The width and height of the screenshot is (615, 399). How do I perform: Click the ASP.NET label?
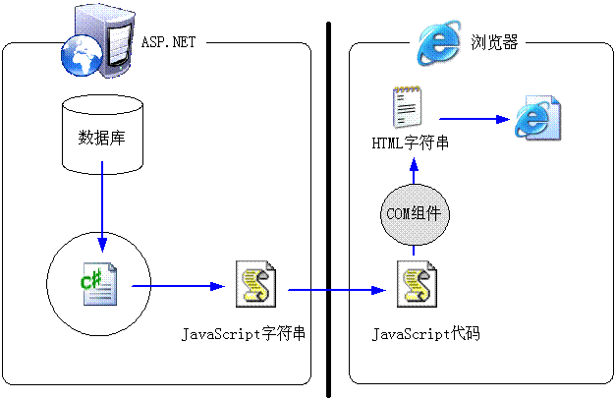(168, 42)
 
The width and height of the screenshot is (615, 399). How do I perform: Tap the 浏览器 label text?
(494, 42)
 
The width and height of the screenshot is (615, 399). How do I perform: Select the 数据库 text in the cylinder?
(101, 138)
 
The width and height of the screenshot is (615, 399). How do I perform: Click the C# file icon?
(99, 284)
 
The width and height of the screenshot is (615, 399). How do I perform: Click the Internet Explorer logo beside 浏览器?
(439, 42)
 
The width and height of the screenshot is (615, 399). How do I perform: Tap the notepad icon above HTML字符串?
(408, 107)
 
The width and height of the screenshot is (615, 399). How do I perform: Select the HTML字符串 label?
(411, 142)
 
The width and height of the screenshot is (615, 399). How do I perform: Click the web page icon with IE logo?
(537, 118)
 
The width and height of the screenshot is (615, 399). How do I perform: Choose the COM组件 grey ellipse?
(415, 214)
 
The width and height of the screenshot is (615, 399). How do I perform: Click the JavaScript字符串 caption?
(244, 334)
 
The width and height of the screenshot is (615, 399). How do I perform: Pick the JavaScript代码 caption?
(426, 334)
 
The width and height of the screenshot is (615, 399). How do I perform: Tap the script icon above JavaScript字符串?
(255, 284)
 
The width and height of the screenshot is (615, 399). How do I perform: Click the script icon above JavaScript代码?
(417, 284)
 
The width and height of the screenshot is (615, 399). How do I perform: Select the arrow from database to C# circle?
(102, 206)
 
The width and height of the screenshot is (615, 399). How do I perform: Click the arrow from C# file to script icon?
(179, 286)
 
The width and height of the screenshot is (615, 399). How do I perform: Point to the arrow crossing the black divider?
(337, 290)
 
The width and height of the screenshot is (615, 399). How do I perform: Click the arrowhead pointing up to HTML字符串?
(414, 164)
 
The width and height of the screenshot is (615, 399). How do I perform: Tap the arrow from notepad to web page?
(475, 119)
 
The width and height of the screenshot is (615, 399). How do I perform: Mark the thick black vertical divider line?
(329, 210)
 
